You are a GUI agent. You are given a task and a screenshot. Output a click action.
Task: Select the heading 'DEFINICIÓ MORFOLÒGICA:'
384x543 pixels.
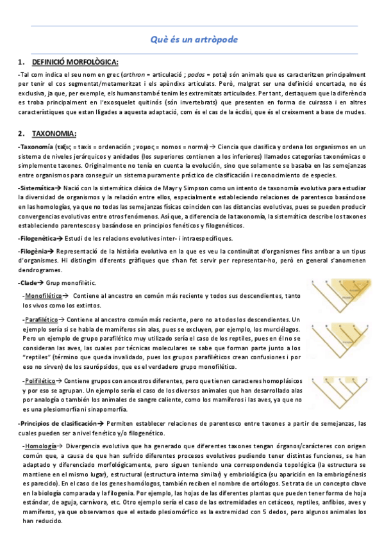(x=75, y=62)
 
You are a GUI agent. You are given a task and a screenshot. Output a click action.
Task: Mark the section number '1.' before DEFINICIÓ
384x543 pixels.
(x=22, y=62)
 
